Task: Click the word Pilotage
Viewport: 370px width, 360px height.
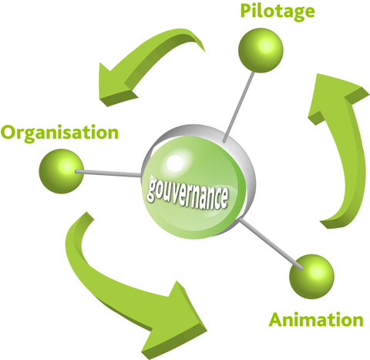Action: click(277, 12)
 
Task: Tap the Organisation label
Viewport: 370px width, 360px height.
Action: click(59, 133)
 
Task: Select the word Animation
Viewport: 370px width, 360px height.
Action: click(316, 319)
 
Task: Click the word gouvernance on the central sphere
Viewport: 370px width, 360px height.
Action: click(187, 194)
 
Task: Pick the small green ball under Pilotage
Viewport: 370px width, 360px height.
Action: click(261, 50)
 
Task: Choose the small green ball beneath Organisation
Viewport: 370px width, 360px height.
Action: click(62, 171)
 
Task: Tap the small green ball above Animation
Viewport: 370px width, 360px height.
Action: click(311, 277)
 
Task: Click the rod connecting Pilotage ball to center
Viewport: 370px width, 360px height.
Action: click(238, 107)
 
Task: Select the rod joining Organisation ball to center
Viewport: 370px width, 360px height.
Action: click(108, 173)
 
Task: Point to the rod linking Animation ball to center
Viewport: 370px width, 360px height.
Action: click(271, 244)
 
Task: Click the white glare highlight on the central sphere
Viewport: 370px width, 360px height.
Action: click(175, 163)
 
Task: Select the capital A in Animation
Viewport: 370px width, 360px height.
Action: click(276, 319)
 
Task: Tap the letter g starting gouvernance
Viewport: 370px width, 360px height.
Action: click(152, 190)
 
